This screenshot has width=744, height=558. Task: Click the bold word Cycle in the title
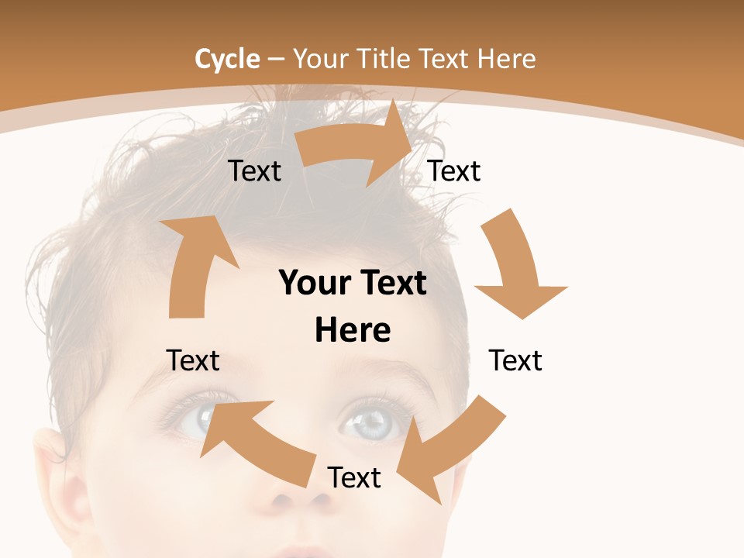227,59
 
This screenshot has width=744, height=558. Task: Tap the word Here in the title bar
507,59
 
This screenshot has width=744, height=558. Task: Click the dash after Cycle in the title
276,60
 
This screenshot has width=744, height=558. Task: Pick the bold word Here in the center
353,330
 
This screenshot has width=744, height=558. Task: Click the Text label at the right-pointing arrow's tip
454,171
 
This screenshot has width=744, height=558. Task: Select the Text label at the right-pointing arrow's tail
254,171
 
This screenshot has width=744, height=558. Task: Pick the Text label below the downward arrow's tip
515,360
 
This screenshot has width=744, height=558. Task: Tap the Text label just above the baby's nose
354,478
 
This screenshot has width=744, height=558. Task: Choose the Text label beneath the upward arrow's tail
193,360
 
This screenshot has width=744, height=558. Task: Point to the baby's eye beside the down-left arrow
370,422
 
